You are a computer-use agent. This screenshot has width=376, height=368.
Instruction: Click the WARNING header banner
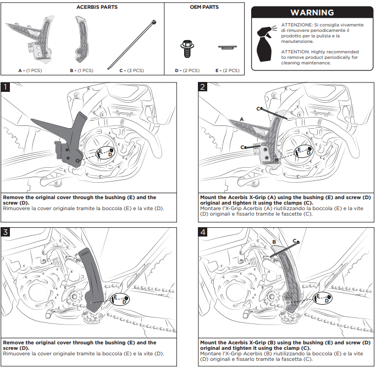click(x=312, y=12)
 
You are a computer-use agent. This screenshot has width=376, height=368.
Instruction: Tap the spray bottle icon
click(x=266, y=43)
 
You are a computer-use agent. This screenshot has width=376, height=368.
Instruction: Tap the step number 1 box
click(x=5, y=87)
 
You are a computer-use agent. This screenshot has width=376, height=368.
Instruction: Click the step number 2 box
click(x=203, y=87)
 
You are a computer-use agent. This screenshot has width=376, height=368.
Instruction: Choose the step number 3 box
click(x=5, y=232)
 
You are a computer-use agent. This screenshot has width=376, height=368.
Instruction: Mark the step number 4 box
click(x=203, y=232)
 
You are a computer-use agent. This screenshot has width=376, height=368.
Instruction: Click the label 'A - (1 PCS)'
click(x=30, y=70)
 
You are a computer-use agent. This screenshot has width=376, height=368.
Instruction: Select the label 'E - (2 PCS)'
click(x=228, y=70)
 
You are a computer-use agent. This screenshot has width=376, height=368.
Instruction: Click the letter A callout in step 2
click(x=242, y=119)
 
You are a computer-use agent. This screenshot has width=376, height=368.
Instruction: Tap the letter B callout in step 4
click(x=274, y=242)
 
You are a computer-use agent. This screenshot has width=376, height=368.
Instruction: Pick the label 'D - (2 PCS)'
click(x=187, y=70)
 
